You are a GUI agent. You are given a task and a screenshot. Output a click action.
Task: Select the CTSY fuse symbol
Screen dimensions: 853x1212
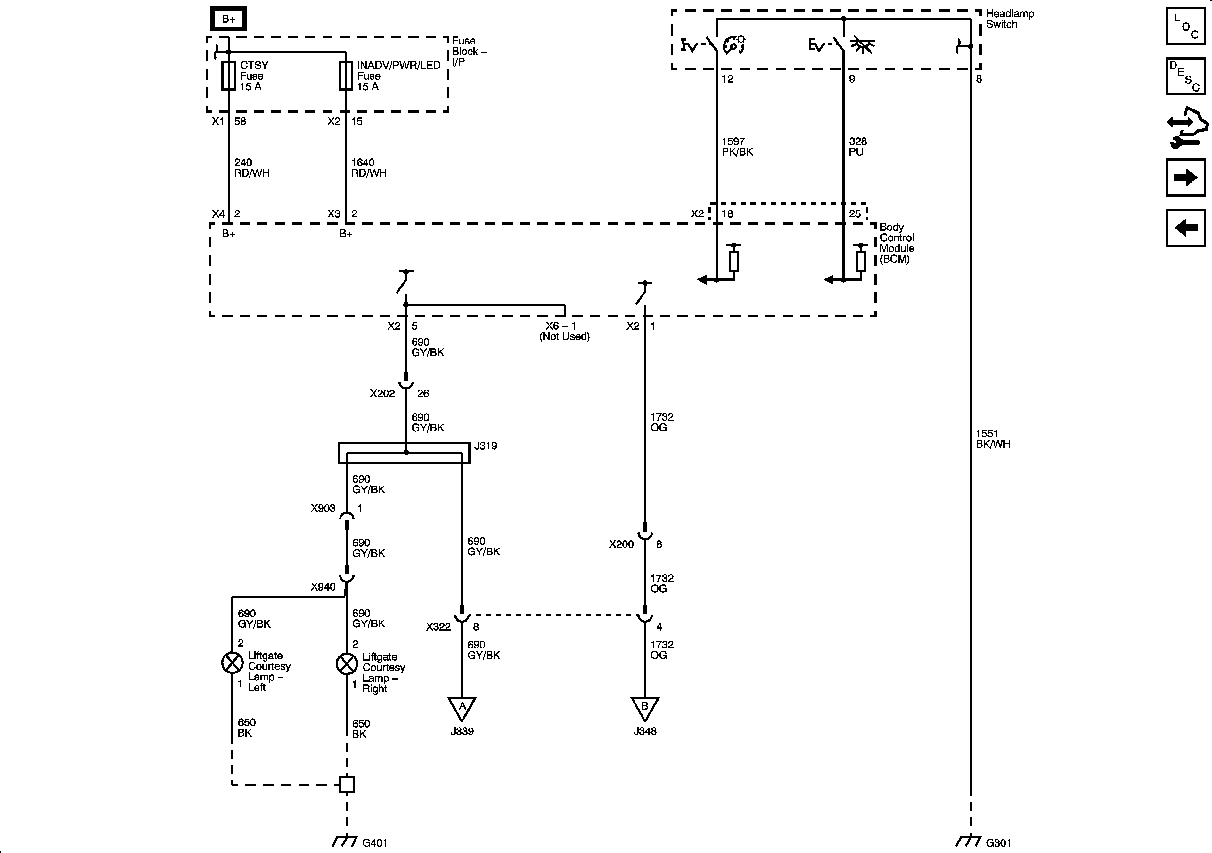click(228, 76)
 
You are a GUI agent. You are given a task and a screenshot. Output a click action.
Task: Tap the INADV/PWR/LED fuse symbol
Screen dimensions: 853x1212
click(345, 76)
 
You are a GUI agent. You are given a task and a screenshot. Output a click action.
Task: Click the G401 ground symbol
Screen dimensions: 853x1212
click(345, 841)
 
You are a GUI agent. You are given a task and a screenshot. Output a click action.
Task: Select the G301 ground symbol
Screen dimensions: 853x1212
click(969, 841)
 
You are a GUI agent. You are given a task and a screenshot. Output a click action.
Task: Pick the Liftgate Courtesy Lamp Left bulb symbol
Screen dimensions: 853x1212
click(232, 663)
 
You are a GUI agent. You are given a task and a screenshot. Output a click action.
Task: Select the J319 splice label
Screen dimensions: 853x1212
click(485, 446)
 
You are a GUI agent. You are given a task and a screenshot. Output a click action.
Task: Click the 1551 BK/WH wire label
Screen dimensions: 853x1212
click(992, 439)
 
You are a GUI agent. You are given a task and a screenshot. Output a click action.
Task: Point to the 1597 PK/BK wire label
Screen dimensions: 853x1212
click(737, 147)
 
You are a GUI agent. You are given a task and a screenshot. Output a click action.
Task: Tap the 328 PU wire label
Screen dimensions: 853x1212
click(857, 147)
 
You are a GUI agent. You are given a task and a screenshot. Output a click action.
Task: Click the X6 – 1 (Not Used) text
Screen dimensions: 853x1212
click(564, 331)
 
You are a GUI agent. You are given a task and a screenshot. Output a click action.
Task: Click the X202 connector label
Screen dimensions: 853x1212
click(382, 393)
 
